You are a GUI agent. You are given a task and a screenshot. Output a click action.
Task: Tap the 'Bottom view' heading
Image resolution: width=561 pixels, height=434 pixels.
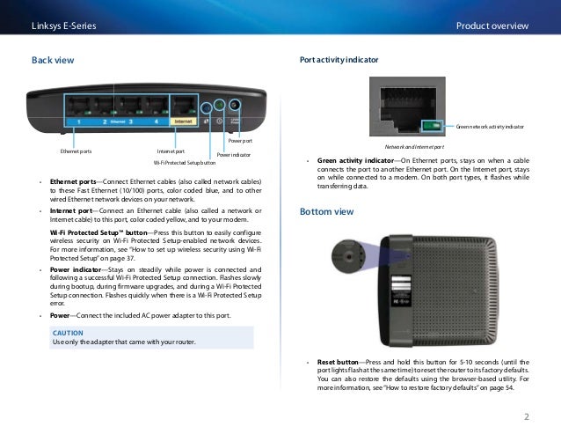pyautogui.click(x=327, y=212)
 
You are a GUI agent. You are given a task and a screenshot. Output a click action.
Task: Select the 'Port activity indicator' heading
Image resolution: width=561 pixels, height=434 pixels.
pyautogui.click(x=339, y=61)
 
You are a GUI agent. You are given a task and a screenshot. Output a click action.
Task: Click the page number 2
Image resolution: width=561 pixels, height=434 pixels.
pyautogui.click(x=525, y=416)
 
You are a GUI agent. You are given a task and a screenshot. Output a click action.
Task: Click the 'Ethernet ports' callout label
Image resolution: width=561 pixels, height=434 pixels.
pyautogui.click(x=76, y=151)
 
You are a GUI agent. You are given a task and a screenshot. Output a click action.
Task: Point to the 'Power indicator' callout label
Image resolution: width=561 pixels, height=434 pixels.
pyautogui.click(x=233, y=155)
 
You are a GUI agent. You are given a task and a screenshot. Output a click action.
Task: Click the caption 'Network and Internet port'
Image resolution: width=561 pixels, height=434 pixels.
pyautogui.click(x=414, y=147)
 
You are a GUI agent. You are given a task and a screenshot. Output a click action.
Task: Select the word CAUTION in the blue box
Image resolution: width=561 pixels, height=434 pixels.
pyautogui.click(x=68, y=333)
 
